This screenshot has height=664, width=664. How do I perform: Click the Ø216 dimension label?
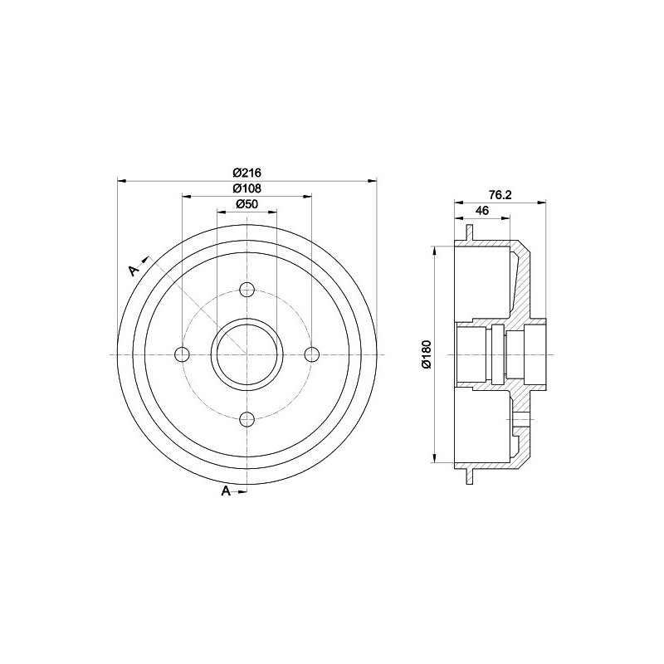pyautogui.click(x=247, y=173)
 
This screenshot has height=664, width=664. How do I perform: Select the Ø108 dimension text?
pyautogui.click(x=247, y=188)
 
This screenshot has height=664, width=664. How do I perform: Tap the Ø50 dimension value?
pyautogui.click(x=247, y=203)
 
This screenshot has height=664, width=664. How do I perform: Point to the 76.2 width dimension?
pyautogui.click(x=500, y=195)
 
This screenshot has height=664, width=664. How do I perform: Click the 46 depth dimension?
pyautogui.click(x=482, y=211)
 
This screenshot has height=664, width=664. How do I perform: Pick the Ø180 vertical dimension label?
pyautogui.click(x=426, y=354)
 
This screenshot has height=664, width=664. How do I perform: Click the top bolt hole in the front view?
pyautogui.click(x=247, y=290)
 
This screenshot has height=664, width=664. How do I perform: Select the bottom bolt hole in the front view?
pyautogui.click(x=247, y=419)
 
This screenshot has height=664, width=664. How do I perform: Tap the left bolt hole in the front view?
pyautogui.click(x=183, y=354)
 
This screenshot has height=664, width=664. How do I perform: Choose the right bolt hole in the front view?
pyautogui.click(x=312, y=354)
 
